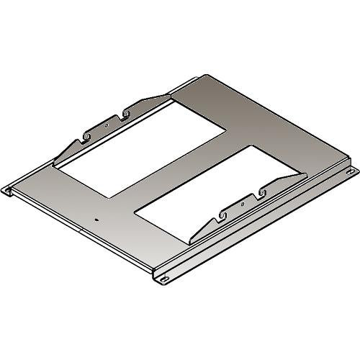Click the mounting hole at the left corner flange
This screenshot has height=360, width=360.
click(x=9, y=191)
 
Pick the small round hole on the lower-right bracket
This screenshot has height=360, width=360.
click(x=243, y=204)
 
